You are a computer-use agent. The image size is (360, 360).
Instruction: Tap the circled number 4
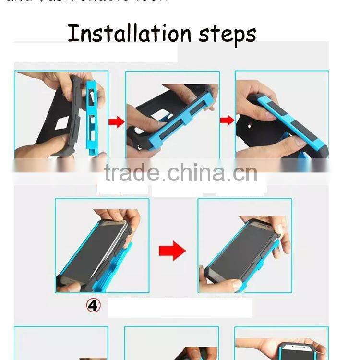point(93,305)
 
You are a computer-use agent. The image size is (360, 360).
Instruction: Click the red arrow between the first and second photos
point(116,122)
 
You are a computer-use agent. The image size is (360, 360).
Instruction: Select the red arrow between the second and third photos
point(227,120)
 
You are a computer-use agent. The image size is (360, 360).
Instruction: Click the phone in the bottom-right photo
point(283,349)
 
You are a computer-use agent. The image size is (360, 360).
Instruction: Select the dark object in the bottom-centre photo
point(190,354)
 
